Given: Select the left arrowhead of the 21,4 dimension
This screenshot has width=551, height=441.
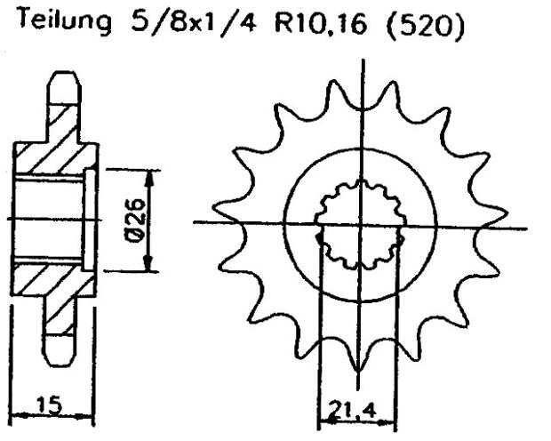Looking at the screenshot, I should (x=323, y=416).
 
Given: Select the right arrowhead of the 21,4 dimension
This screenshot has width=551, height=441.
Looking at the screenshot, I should (x=392, y=416).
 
